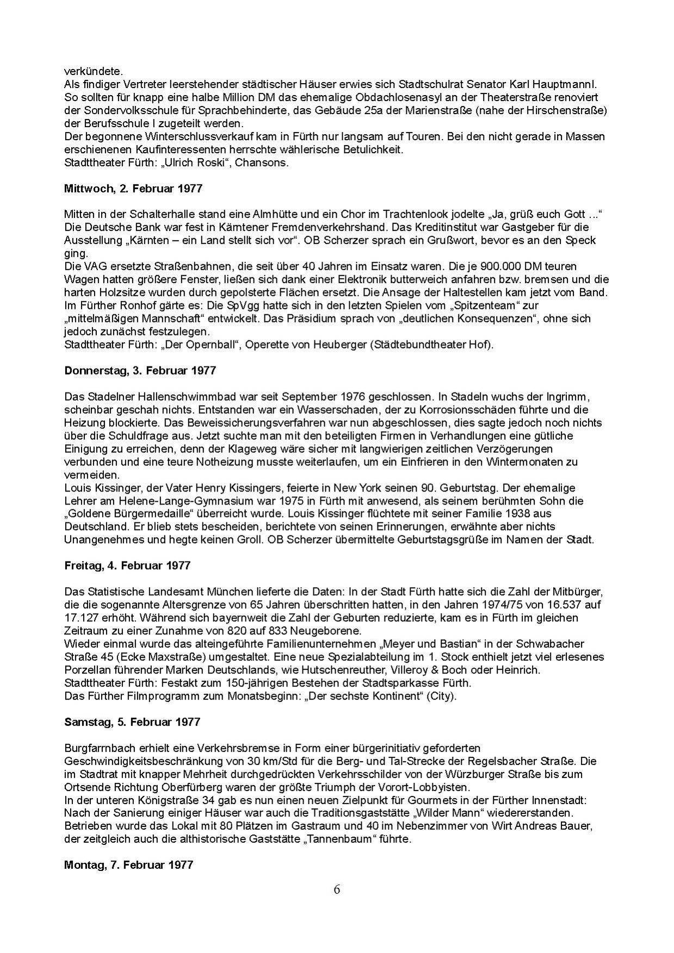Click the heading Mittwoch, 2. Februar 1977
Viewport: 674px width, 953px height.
133,189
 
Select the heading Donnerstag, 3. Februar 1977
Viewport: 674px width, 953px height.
140,371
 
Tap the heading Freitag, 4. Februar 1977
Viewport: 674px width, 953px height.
127,565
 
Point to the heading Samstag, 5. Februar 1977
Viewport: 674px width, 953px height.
132,722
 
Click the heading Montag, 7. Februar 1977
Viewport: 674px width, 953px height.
128,865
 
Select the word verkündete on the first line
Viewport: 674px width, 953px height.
86,71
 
